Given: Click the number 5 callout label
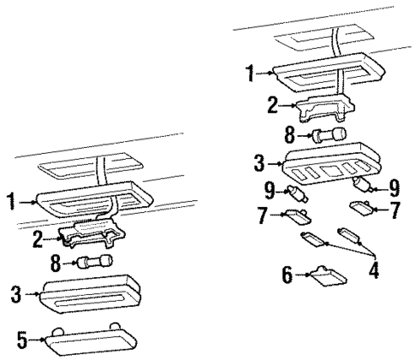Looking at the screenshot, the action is pos(22,339).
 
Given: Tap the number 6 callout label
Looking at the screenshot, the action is pos(288,274).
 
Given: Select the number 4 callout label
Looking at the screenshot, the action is pos(374,270).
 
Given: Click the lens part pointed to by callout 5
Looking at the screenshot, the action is pos(91,340).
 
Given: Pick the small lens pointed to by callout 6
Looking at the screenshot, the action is pos(329,275).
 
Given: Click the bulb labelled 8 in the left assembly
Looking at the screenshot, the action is pos(94,262).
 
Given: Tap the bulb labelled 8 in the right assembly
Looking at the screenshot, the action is pos(329,135).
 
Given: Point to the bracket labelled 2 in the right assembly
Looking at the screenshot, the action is pos(325,109).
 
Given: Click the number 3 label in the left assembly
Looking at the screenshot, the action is pos(16,294).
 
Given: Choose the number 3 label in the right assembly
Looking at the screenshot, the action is pos(259,163).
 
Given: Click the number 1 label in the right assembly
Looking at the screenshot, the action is pos(251,73).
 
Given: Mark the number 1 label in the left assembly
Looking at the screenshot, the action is pos(11,201).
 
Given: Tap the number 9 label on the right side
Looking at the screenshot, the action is pos(394,188).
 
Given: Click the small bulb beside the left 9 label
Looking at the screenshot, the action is pos(298,193).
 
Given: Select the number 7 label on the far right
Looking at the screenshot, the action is pos(395,210).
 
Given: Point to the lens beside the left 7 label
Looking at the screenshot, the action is pos(297,216).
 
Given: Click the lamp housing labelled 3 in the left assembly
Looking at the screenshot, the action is pos(90,294).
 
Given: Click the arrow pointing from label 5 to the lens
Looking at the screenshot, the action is pos(37,339).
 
